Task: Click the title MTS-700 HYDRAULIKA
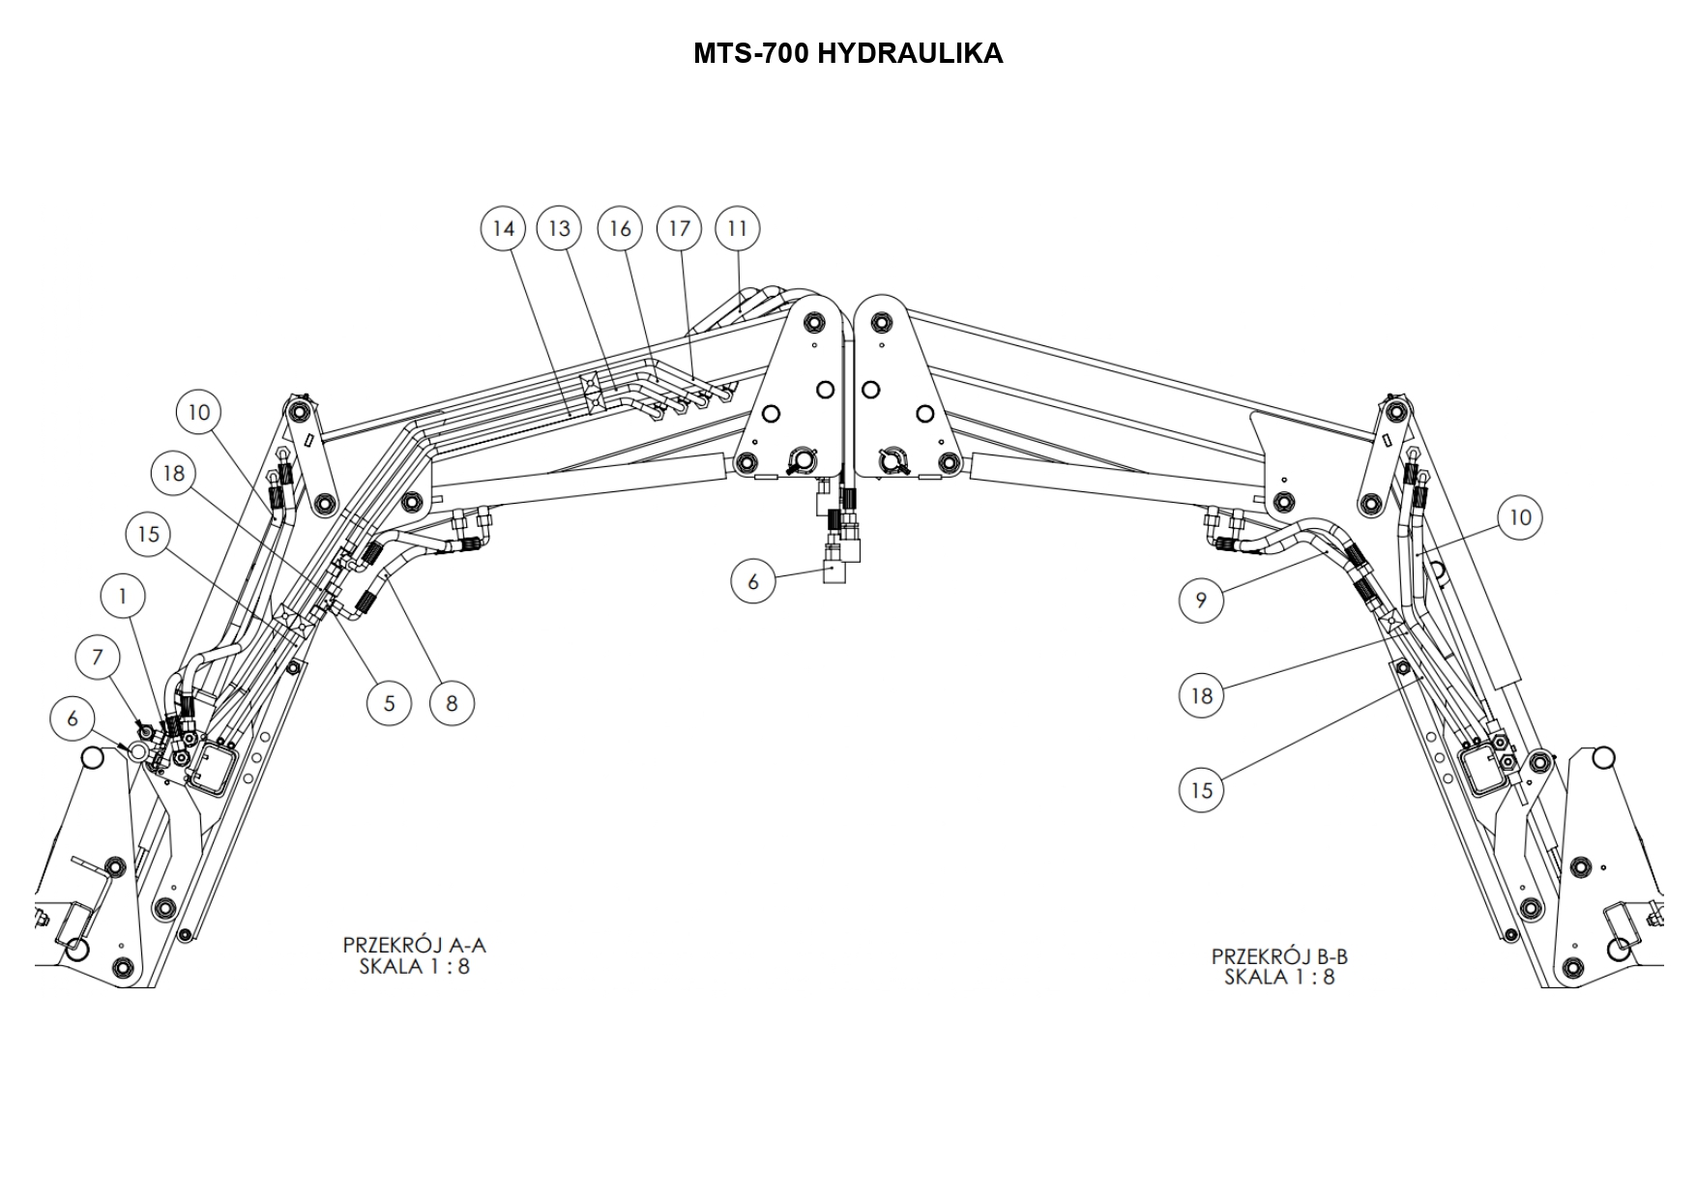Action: pyautogui.click(x=848, y=53)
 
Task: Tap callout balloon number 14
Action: pyautogui.click(x=503, y=228)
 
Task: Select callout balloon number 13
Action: pyautogui.click(x=560, y=228)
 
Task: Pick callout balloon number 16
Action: pyautogui.click(x=620, y=228)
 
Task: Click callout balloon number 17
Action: pyautogui.click(x=680, y=228)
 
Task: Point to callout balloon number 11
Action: pyautogui.click(x=738, y=228)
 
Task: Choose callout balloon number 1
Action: pyautogui.click(x=123, y=596)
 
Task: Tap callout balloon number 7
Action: pyautogui.click(x=97, y=658)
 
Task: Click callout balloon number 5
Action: pyautogui.click(x=390, y=703)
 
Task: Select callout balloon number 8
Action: pyautogui.click(x=452, y=703)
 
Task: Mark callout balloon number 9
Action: pyautogui.click(x=1201, y=600)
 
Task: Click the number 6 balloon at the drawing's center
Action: pyautogui.click(x=753, y=581)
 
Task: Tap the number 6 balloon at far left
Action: pyautogui.click(x=73, y=718)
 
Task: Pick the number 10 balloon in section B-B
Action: pyautogui.click(x=1520, y=517)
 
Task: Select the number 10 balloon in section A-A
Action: pyautogui.click(x=198, y=412)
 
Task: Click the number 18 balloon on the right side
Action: pyautogui.click(x=1201, y=695)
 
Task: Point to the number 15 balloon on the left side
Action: pyautogui.click(x=148, y=534)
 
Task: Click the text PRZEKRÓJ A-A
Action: pyautogui.click(x=414, y=945)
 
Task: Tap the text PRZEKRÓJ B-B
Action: pyautogui.click(x=1279, y=956)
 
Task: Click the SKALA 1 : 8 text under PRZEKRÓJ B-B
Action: pyautogui.click(x=1279, y=977)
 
